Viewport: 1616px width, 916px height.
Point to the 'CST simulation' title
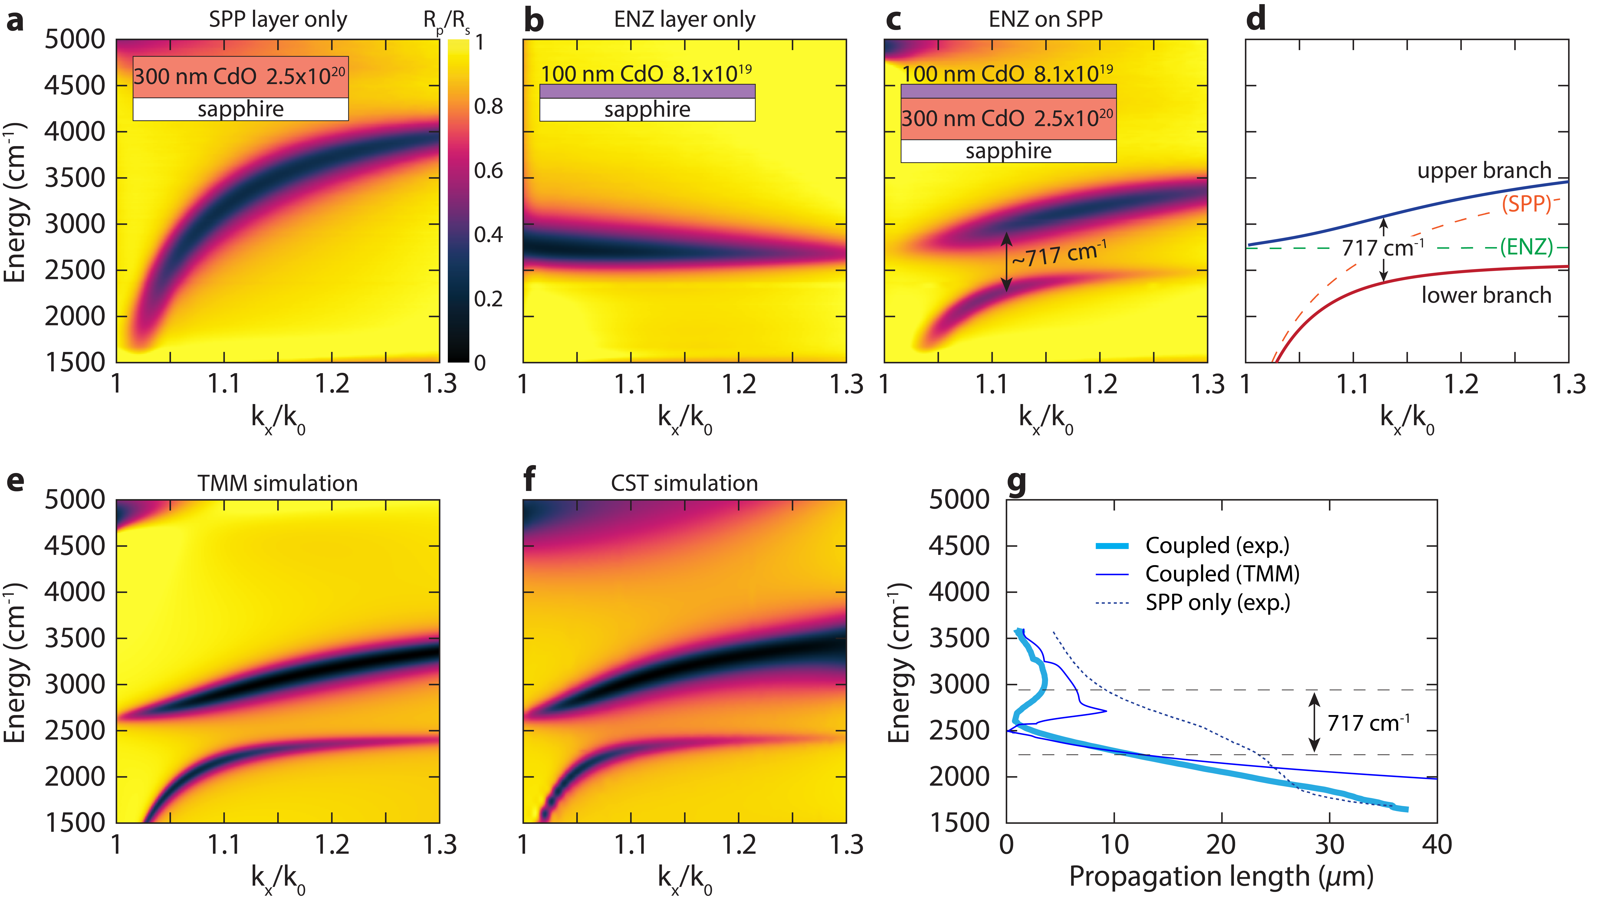pos(684,483)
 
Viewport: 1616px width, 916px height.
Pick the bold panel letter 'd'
pos(1256,19)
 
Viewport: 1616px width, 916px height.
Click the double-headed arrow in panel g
pos(1314,722)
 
